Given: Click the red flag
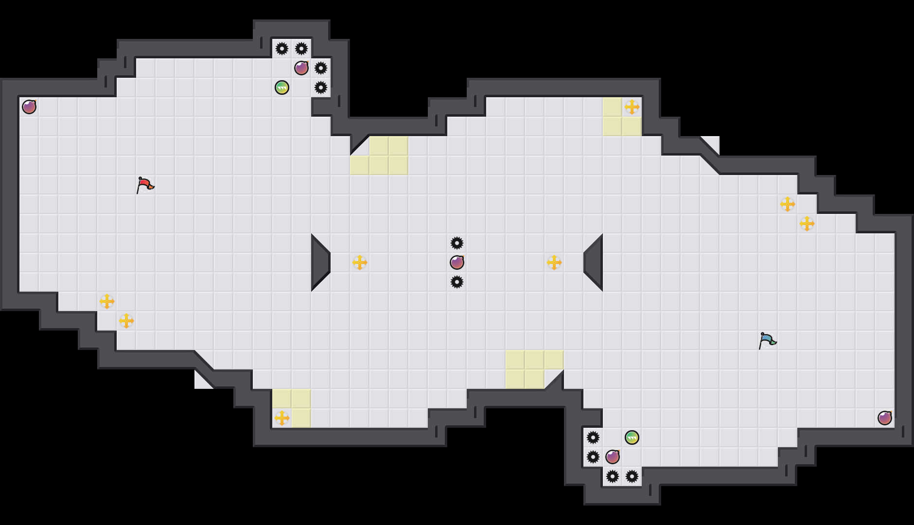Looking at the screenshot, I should pos(144,185).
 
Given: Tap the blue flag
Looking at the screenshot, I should pos(767,340).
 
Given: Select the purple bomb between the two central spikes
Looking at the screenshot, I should pos(457,262).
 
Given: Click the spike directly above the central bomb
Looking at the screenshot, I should pos(457,243).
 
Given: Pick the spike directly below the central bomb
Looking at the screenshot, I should pos(457,282).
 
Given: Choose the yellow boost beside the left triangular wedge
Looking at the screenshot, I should pos(360,262).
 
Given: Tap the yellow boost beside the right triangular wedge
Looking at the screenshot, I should pos(554,262).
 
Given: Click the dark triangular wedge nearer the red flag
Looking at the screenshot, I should pos(320,262).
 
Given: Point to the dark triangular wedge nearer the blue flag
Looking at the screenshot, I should pos(594,262).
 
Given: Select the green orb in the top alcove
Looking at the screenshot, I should pos(282,87).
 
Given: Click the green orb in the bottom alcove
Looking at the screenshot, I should pos(632,437).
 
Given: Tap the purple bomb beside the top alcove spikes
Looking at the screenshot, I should pos(301,68).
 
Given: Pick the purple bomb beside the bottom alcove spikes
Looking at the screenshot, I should pos(613,457).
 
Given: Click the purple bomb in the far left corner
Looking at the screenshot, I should pos(29,107).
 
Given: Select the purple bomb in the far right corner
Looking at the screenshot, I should pos(885,418).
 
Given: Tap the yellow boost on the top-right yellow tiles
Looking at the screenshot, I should pos(632,107).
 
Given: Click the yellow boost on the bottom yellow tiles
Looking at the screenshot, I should pos(282,418).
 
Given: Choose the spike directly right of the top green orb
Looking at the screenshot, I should pos(321,87).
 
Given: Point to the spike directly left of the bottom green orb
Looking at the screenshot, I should pos(593,437).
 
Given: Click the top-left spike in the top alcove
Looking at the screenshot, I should pos(282,49).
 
